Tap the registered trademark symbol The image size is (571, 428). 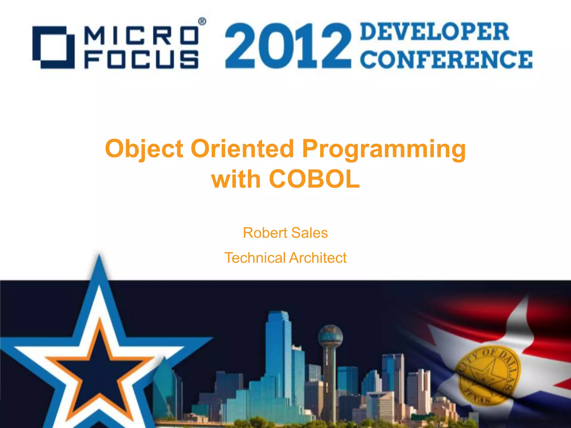click(202, 22)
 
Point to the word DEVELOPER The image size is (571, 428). click(434, 32)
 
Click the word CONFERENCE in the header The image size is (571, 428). click(446, 59)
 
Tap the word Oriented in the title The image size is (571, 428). click(243, 149)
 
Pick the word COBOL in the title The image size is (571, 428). click(314, 179)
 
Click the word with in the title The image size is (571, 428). click(236, 179)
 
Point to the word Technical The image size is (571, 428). click(255, 258)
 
